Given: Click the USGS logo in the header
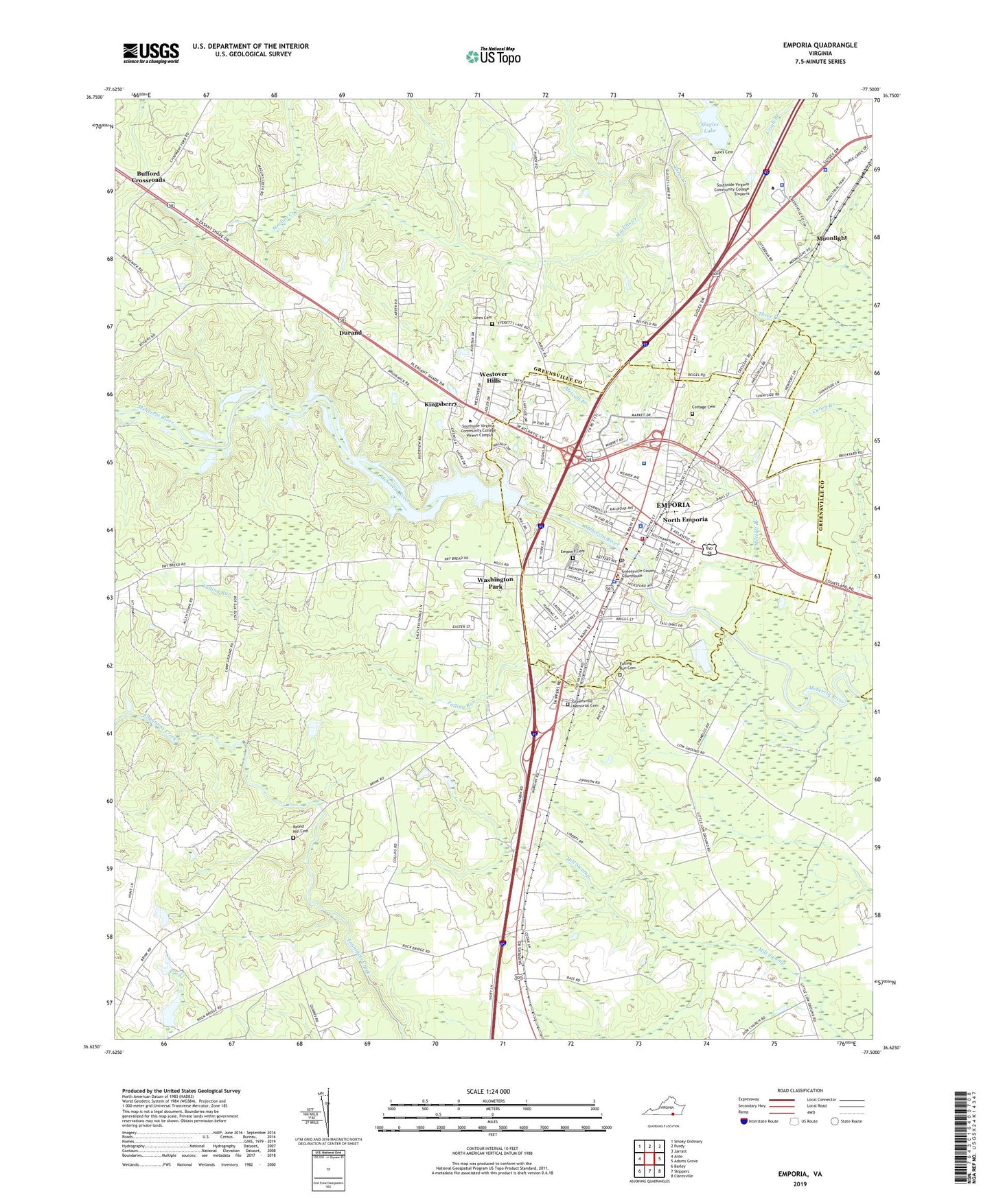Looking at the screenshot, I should (x=151, y=53).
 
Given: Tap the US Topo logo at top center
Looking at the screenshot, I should (x=493, y=56).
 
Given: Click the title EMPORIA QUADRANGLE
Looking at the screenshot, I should (x=820, y=45).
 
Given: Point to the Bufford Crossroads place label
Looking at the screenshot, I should (x=148, y=176).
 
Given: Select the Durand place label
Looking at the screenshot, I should (x=350, y=333).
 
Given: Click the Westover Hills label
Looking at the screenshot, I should (x=493, y=377).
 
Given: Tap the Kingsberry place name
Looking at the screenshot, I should (x=440, y=404).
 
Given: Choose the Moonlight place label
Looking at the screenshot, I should (x=831, y=238).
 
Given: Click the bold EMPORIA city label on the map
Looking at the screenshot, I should (x=673, y=505).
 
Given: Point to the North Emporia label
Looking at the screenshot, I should (x=684, y=519).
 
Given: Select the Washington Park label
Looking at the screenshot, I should (x=495, y=583).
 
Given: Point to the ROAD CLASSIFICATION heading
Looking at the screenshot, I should (x=800, y=1090).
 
